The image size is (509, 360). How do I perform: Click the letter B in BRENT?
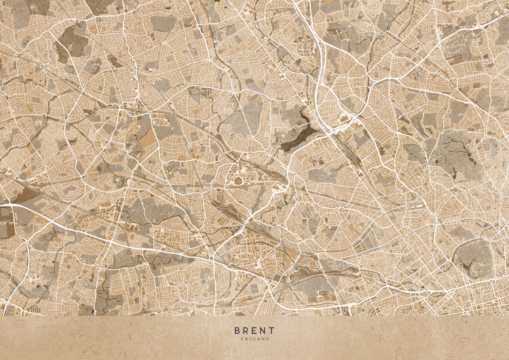(x=237, y=331)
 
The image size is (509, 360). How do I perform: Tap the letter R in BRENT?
(x=246, y=331)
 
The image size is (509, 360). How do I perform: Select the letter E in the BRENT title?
(x=254, y=331)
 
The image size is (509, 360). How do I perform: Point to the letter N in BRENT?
(x=263, y=331)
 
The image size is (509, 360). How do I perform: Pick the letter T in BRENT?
(x=272, y=331)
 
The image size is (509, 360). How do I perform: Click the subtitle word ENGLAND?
(x=254, y=339)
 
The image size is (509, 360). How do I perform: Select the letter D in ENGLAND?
(x=268, y=339)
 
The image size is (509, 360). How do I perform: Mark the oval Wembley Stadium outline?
(x=239, y=179)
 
